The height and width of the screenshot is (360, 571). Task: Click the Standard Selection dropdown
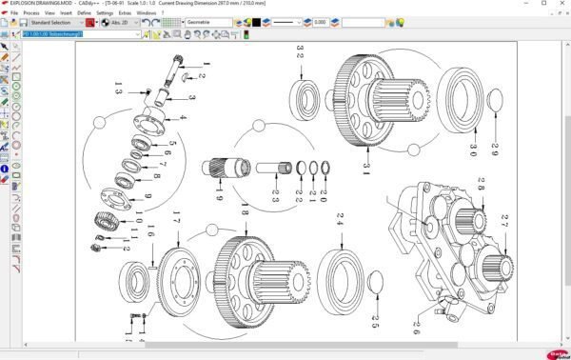tap(57, 22)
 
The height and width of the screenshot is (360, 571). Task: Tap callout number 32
tap(301, 52)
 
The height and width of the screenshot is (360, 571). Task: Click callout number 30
tap(473, 150)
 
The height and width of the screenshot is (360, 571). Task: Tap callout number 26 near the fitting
tap(416, 327)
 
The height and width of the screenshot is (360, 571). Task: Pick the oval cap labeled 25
tap(374, 283)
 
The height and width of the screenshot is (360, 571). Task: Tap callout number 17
tap(177, 226)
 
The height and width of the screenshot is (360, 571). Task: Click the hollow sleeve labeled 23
tap(271, 169)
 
